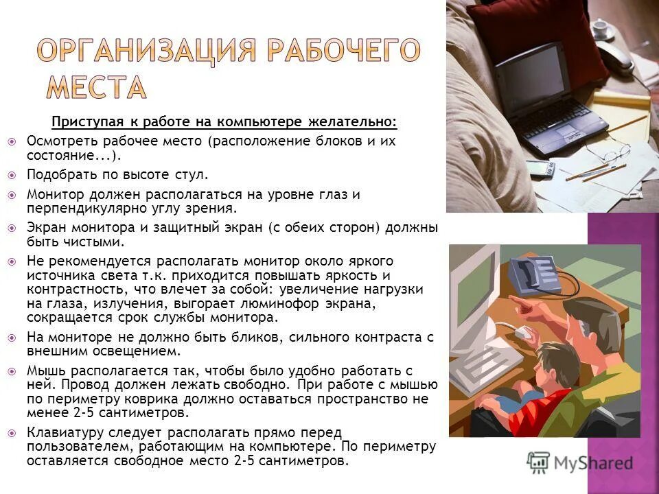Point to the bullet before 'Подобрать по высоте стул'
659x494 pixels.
[12, 176]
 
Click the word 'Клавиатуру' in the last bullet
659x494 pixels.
[59, 432]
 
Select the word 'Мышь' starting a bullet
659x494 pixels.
[43, 371]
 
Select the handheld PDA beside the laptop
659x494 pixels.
[565, 168]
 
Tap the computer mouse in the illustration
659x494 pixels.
[524, 333]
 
